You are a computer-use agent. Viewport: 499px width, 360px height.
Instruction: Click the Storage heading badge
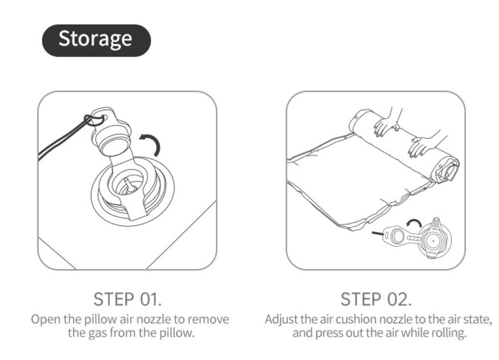coord(96,40)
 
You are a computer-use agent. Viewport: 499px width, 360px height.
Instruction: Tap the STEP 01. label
coord(128,299)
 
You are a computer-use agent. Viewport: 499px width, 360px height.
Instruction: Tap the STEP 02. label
coord(376,299)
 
